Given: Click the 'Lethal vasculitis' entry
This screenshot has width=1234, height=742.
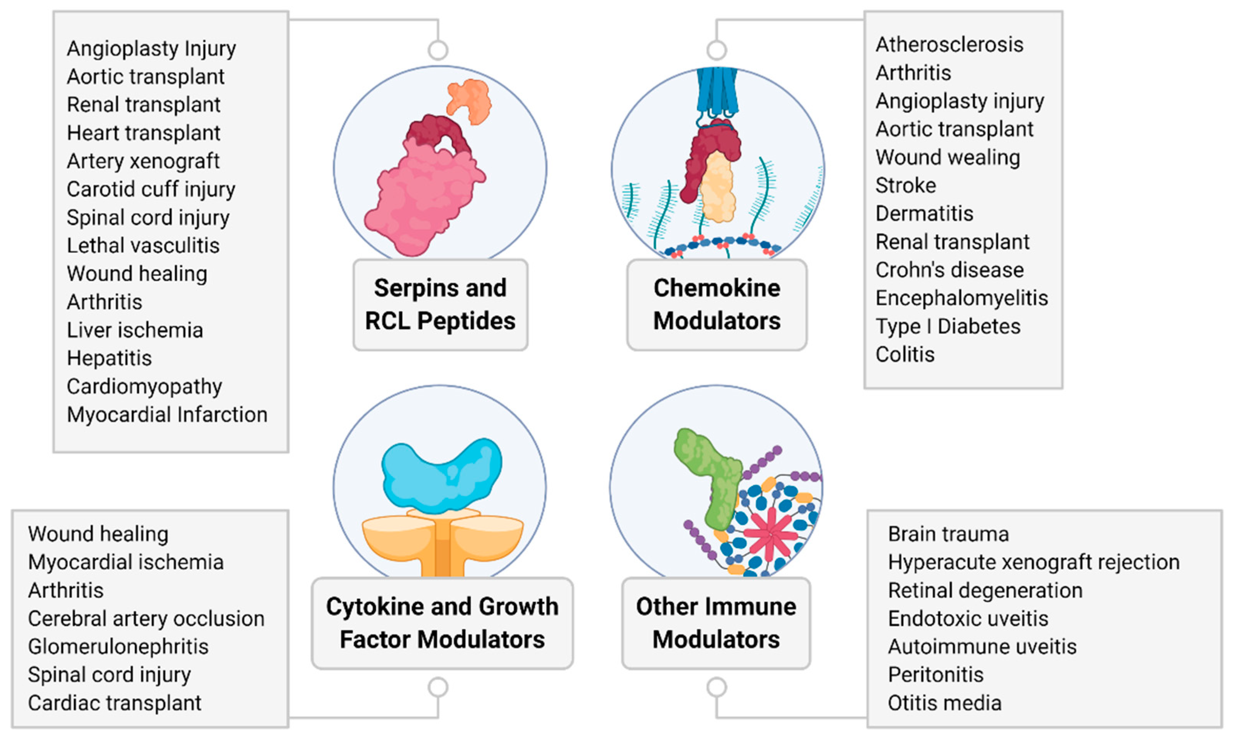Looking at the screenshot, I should point(143,245).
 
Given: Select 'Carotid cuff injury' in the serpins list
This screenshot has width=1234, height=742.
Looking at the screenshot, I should point(150,189).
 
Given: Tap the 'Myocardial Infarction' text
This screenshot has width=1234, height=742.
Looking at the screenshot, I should point(167,414).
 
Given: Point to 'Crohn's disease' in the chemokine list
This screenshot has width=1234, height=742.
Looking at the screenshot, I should point(950,270).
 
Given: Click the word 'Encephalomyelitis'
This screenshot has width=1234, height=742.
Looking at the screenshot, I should point(962,298).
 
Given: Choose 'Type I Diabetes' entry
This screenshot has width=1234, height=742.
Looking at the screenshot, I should point(948,326).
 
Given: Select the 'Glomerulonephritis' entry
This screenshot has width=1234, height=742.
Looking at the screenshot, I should point(118,646).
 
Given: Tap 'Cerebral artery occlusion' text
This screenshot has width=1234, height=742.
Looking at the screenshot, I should point(146,619).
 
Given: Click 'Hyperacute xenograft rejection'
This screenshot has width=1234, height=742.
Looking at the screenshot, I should point(1033,562).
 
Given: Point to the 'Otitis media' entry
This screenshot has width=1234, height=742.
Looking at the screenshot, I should point(945,703).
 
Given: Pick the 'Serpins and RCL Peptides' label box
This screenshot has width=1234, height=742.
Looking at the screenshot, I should point(440,304).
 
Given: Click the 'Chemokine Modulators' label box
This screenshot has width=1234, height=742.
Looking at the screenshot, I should point(717,304).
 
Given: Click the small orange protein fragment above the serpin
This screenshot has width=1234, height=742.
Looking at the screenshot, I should point(468,100).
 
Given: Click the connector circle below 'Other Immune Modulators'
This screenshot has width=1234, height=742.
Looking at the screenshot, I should point(717,688).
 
